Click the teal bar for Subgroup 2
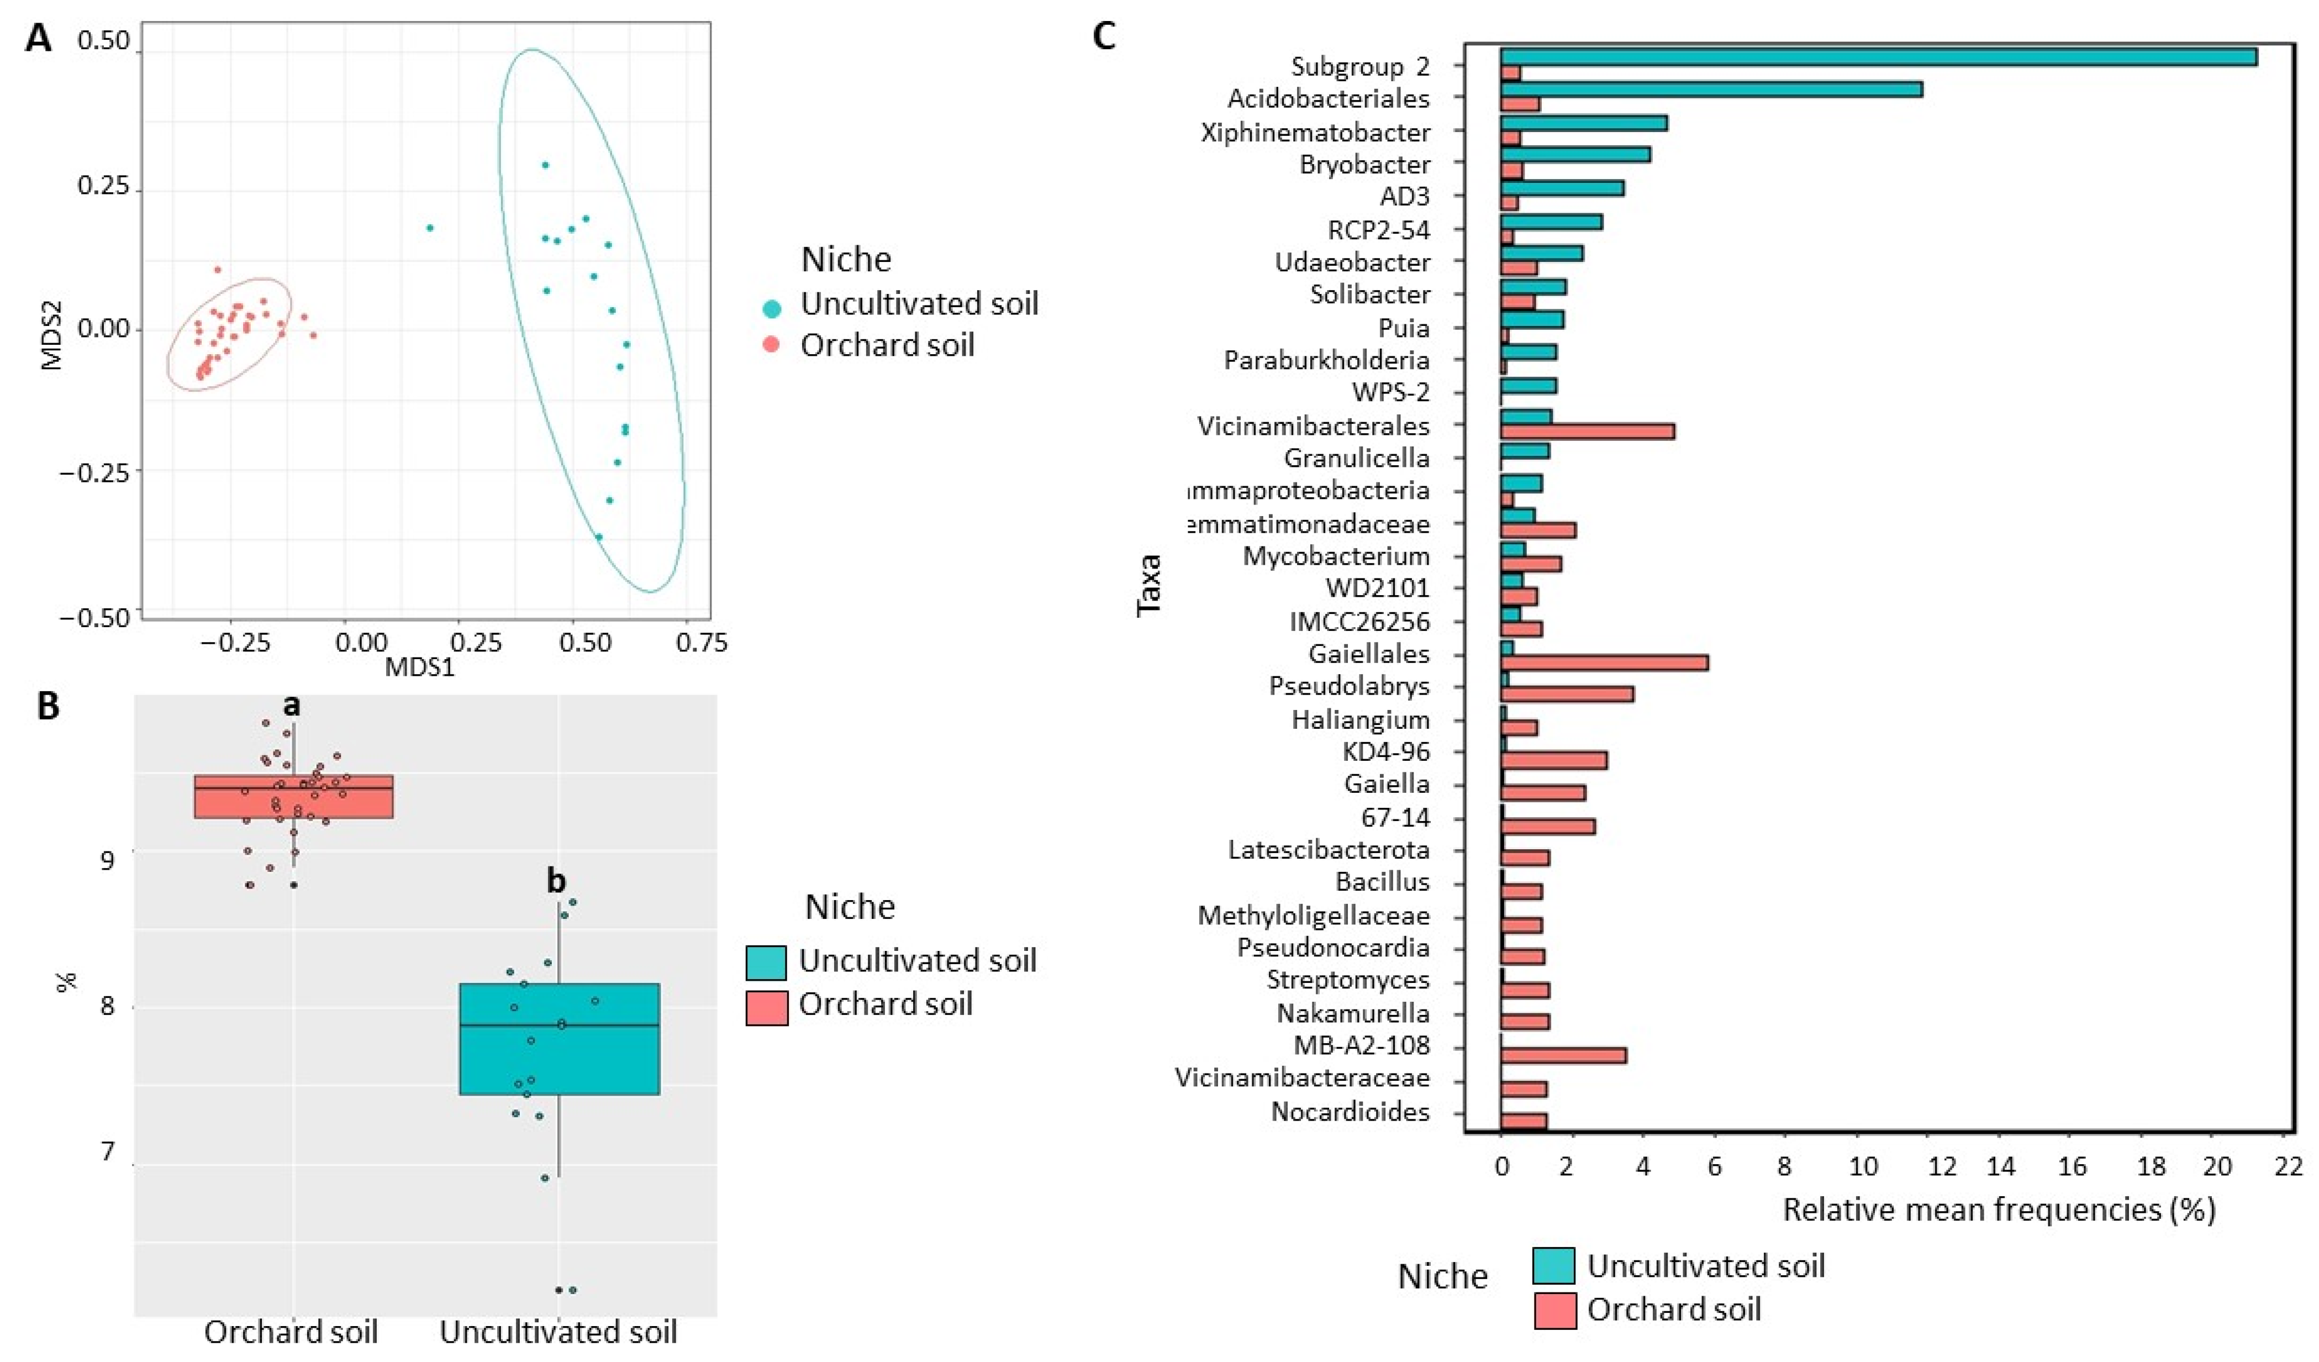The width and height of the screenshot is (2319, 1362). [1877, 57]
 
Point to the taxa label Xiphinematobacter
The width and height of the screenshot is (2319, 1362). [1315, 133]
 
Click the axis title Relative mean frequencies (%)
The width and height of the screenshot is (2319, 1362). [1999, 1210]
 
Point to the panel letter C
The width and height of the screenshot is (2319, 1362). [1103, 37]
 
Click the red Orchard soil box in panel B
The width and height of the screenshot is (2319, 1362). [293, 797]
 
